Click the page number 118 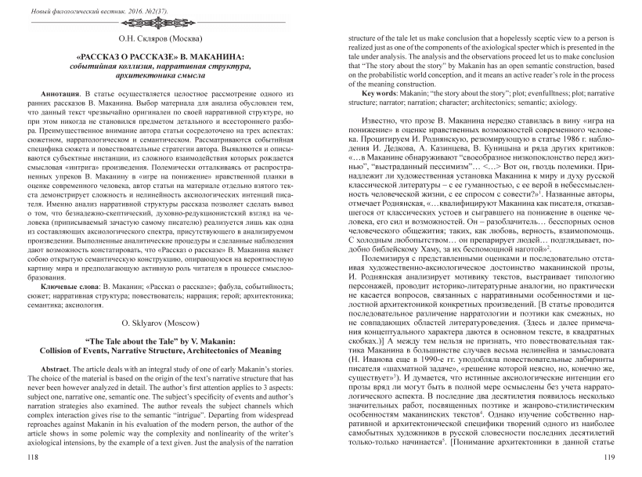pyautogui.click(x=32, y=454)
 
